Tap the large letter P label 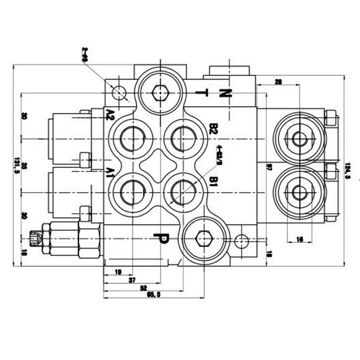[161, 239]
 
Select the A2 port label [110, 114]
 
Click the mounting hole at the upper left [118, 93]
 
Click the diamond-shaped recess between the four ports [158, 165]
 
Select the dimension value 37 [132, 280]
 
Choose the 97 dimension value [269, 167]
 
